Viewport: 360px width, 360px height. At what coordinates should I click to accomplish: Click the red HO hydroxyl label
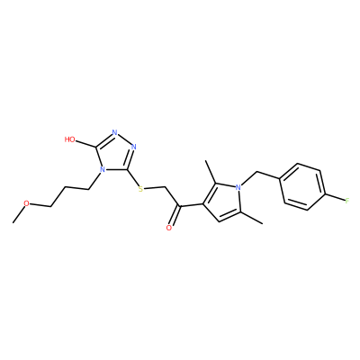[70, 139]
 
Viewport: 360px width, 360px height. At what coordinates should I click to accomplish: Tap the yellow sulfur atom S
[141, 189]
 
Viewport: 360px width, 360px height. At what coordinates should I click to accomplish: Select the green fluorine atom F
[347, 201]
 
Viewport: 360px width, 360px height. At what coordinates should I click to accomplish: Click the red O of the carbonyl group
[169, 228]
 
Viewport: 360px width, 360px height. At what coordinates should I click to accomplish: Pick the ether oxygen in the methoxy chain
[27, 203]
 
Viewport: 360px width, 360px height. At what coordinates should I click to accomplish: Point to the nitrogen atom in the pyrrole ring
[238, 188]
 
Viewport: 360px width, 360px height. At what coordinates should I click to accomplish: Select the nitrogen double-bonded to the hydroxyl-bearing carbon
[114, 132]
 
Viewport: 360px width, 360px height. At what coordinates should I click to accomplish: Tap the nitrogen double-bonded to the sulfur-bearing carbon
[134, 147]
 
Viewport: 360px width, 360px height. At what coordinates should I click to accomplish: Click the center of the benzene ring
[302, 186]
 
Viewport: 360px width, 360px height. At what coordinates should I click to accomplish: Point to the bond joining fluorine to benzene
[335, 198]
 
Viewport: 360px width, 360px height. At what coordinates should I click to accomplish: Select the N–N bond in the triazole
[124, 139]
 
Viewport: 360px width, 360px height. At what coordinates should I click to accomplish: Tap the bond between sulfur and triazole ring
[133, 177]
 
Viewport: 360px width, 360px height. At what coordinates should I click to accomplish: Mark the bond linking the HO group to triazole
[86, 144]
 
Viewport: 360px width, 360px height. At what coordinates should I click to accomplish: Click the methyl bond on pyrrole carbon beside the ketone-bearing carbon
[211, 172]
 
